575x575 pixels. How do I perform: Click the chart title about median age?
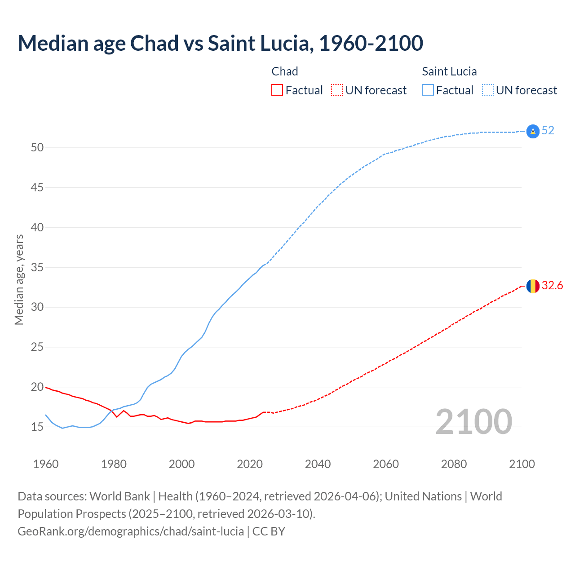[x=220, y=43]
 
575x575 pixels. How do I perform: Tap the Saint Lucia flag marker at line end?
[x=533, y=131]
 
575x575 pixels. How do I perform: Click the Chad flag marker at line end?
[x=533, y=286]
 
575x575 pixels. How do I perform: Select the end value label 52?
[x=548, y=131]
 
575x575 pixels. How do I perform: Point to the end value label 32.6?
[x=552, y=286]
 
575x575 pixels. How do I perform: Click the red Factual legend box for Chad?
[x=277, y=90]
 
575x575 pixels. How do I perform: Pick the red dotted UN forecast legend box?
[x=337, y=90]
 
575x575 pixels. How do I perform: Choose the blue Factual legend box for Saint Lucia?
[x=428, y=90]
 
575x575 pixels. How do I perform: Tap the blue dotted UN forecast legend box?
[x=488, y=90]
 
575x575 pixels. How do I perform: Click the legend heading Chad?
[x=285, y=71]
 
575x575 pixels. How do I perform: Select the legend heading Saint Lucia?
[x=449, y=71]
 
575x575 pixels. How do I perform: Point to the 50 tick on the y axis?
[x=37, y=148]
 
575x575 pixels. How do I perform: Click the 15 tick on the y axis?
[x=37, y=427]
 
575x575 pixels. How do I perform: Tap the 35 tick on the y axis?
[x=37, y=267]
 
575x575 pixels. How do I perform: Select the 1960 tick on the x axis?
[x=46, y=464]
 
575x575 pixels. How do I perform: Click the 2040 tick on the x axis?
[x=318, y=464]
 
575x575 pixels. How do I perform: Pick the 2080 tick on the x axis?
[x=454, y=464]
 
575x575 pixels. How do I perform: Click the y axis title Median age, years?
[x=19, y=279]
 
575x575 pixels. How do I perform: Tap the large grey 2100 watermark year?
[x=473, y=421]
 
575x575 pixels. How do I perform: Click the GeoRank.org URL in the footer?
[x=131, y=531]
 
